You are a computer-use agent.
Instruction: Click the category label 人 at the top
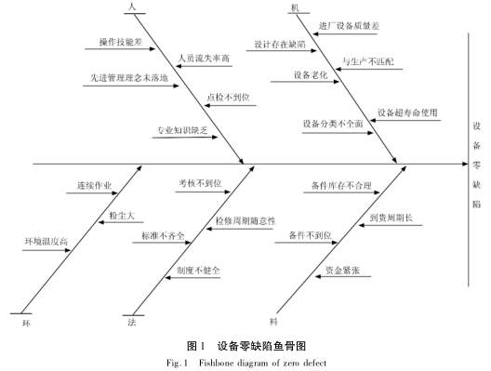click(132, 7)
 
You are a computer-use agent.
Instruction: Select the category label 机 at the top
click(295, 7)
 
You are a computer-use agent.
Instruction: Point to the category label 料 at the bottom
click(273, 321)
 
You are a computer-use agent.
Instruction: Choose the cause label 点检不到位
click(227, 96)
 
